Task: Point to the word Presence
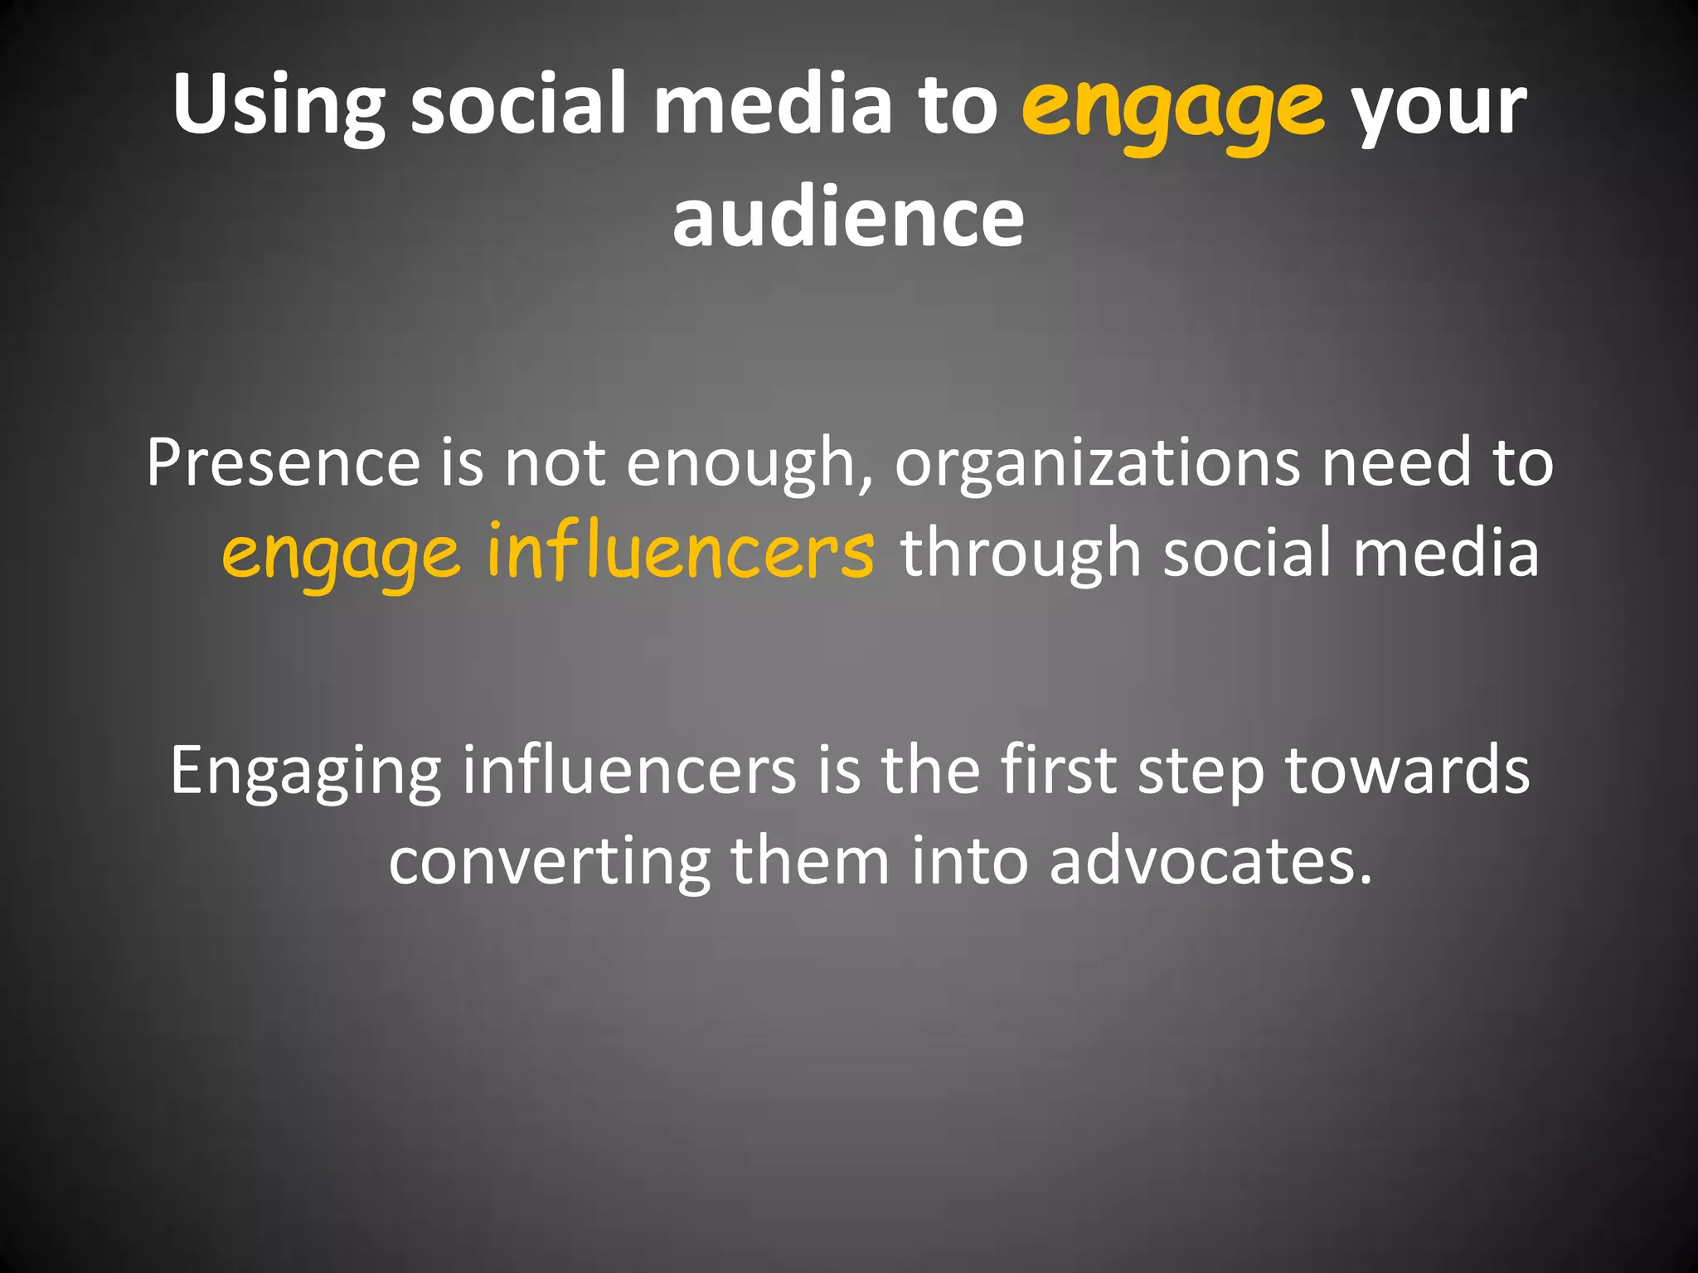click(283, 462)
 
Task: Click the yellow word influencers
click(680, 552)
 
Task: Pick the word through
click(1021, 554)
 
